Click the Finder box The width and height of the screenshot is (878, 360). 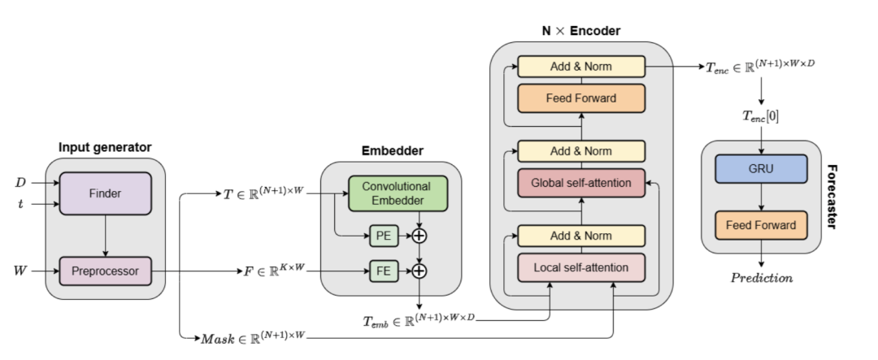point(105,193)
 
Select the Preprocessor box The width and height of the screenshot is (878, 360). point(105,271)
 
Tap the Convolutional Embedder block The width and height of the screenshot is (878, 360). point(398,193)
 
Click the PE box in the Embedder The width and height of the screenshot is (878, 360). point(384,236)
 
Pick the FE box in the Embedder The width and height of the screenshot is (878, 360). point(384,271)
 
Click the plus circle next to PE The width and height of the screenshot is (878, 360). point(419,236)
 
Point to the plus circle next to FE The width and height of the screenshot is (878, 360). point(419,271)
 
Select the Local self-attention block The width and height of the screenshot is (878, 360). point(581,267)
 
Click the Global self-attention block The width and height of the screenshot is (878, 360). point(581,183)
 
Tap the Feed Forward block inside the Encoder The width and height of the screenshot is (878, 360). point(581,98)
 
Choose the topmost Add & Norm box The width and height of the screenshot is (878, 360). point(581,67)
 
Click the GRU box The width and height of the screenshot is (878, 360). point(761,169)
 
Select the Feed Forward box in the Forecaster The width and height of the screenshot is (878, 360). point(761,225)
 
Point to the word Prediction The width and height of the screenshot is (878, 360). point(762,278)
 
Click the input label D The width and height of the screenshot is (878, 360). point(20,183)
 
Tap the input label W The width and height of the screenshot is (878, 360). point(20,271)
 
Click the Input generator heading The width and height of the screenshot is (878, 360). point(105,147)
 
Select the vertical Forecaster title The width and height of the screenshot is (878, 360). point(832,197)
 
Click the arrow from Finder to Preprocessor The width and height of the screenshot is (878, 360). point(105,236)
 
